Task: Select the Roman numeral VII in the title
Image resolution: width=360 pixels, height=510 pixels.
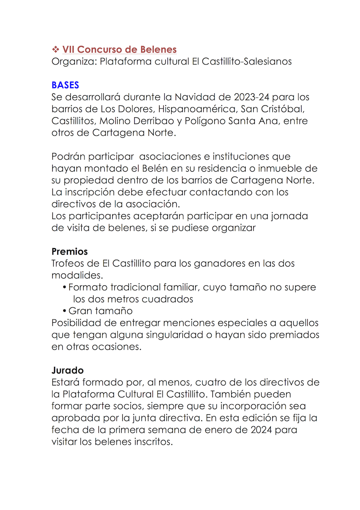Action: (68, 50)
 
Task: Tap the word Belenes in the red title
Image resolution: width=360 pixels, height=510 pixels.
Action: (158, 50)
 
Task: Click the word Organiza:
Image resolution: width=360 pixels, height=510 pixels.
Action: (74, 62)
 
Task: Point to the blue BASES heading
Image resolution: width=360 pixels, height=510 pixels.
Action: (65, 85)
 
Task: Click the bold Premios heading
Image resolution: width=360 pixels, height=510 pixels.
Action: (70, 252)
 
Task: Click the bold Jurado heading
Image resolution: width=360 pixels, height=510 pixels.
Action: (68, 371)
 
